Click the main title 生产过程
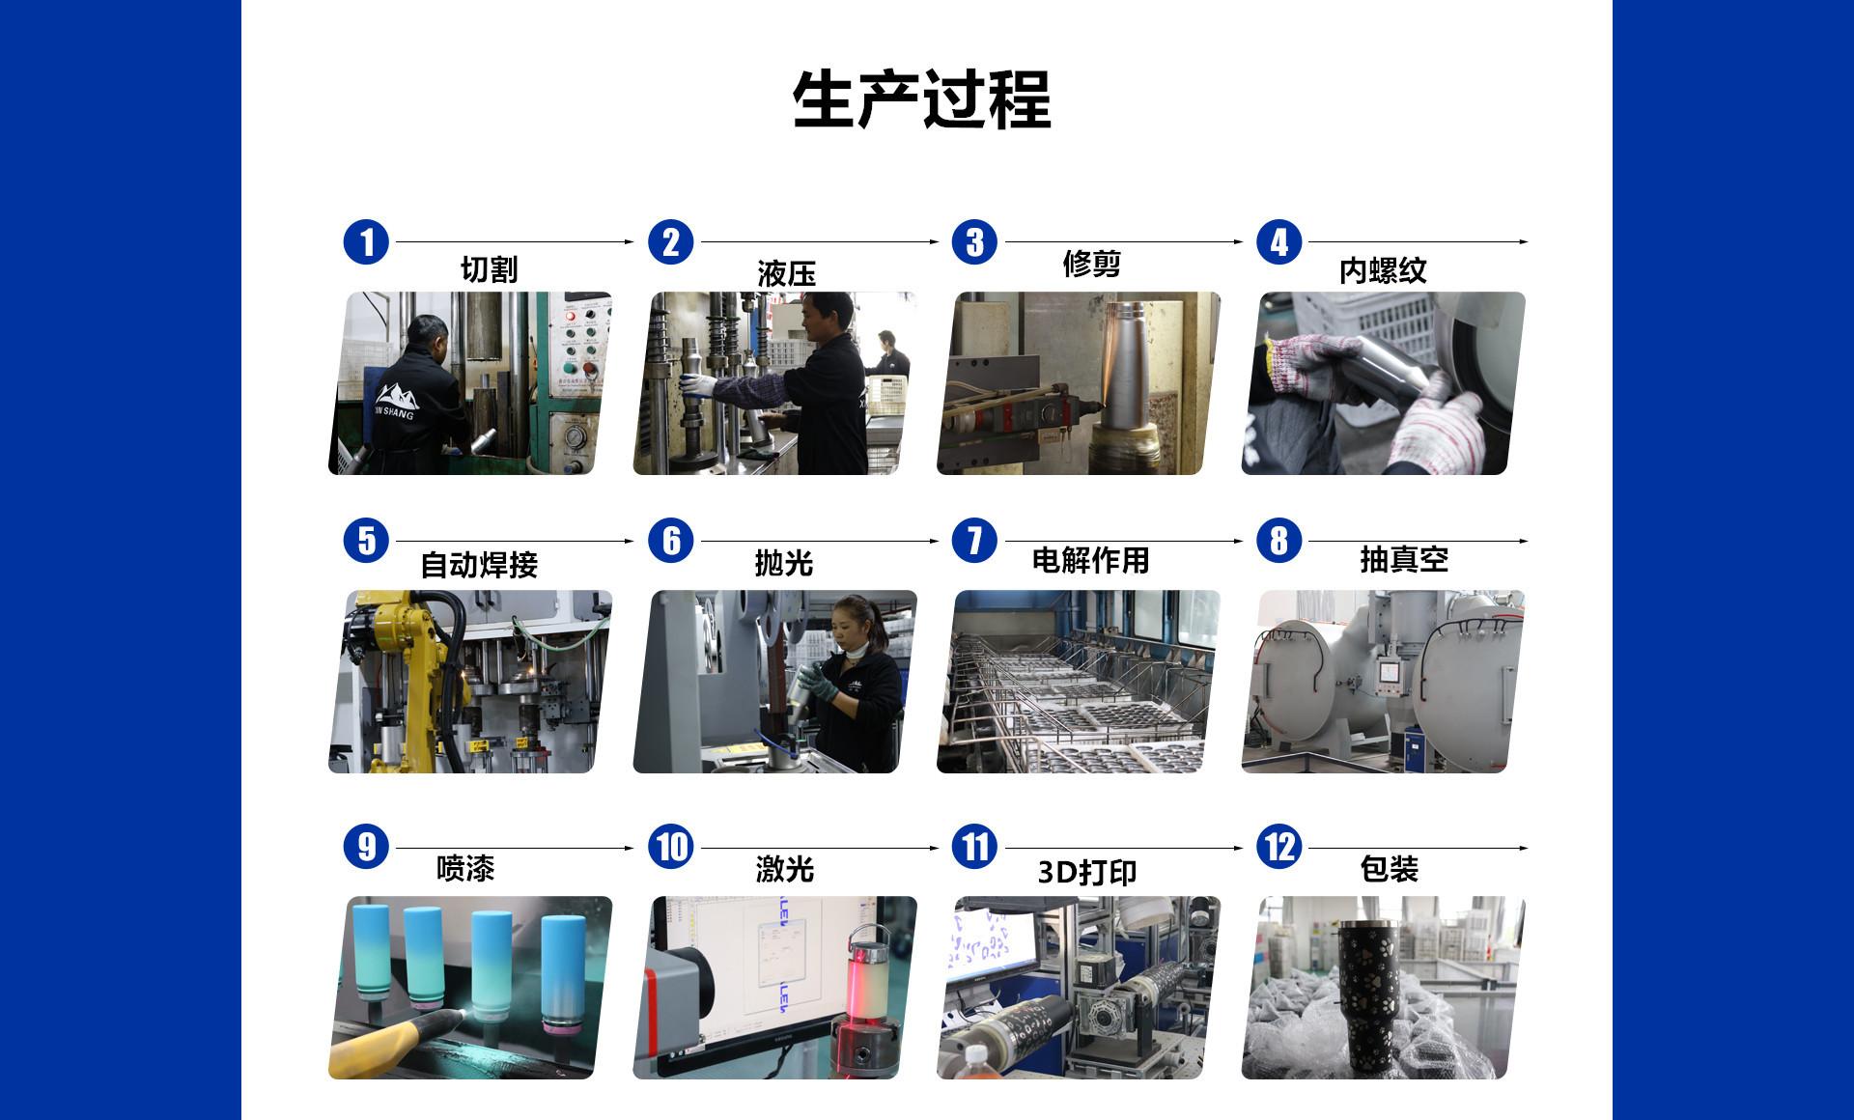coord(921,99)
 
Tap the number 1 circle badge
coord(366,241)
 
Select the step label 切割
coord(489,269)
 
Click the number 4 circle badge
coord(1279,241)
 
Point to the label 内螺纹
coord(1383,270)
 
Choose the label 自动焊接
coord(479,564)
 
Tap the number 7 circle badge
coord(974,540)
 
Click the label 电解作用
coord(1090,560)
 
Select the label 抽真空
coord(1404,559)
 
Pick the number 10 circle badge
coord(671,847)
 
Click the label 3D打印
coord(1087,872)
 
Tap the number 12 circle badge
coord(1279,847)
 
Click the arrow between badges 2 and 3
coord(819,241)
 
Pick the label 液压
coord(786,273)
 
